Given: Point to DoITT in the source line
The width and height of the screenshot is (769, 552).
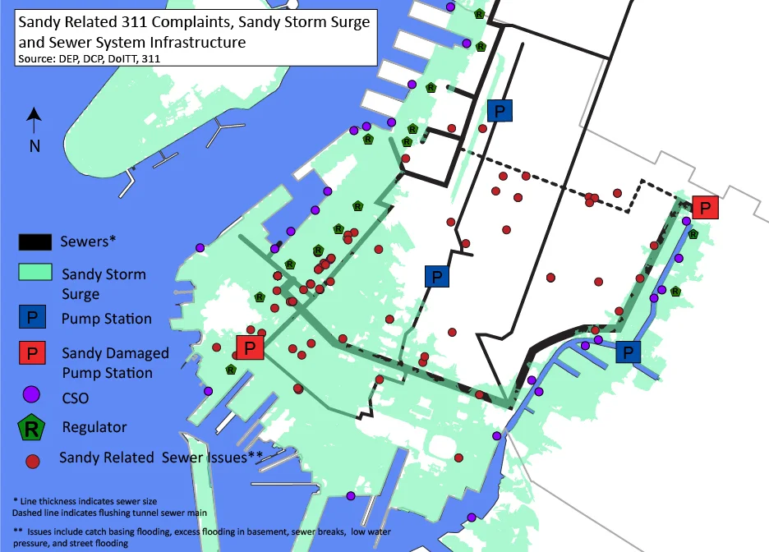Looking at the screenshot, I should click(118, 58).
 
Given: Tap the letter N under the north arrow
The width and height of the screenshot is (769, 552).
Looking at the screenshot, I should click(35, 146).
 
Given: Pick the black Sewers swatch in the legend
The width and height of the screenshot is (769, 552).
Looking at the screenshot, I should click(37, 241).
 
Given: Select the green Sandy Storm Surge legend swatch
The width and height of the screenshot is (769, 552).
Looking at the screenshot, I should click(37, 273).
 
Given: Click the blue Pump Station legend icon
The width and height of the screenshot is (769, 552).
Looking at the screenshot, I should click(32, 318).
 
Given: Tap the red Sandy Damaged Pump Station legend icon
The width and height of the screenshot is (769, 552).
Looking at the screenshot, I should click(32, 354).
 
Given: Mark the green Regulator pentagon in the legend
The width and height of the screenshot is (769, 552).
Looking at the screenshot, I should click(32, 426).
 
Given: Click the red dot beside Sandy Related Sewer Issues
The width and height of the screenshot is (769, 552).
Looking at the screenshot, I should click(33, 461).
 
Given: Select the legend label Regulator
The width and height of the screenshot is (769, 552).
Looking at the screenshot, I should click(94, 427).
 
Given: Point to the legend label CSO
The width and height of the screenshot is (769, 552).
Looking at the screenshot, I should click(76, 398).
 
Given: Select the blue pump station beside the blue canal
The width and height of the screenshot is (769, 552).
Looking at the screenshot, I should click(629, 352).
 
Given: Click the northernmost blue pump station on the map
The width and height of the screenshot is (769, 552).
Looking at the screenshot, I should click(499, 111).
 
